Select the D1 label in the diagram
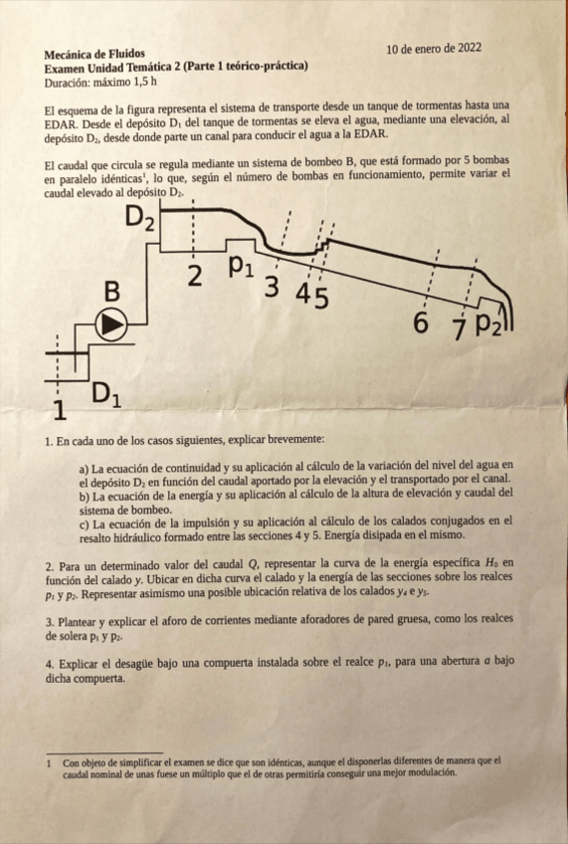107,395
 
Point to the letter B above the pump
112,293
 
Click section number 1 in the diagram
59,409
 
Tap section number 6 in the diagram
421,322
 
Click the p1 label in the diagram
241,266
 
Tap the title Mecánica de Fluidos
95,53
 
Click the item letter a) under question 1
85,465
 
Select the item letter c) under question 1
85,521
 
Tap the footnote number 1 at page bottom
49,762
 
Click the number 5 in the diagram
321,296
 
